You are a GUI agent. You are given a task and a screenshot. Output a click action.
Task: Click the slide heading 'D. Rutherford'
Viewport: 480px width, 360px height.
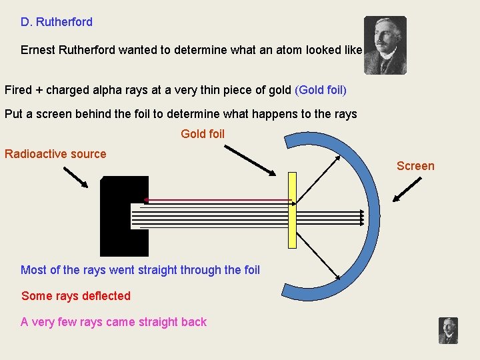[x=57, y=22]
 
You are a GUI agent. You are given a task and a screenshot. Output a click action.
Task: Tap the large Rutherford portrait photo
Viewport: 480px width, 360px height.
[x=385, y=45]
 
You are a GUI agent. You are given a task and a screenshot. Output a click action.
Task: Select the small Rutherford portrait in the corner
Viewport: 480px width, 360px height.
[x=448, y=331]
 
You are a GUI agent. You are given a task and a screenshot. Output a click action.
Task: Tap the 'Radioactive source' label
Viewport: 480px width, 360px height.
[x=55, y=154]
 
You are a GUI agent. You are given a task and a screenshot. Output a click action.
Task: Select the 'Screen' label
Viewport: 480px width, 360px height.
[x=415, y=166]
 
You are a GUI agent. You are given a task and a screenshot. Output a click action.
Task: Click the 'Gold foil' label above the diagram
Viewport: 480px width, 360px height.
[x=203, y=134]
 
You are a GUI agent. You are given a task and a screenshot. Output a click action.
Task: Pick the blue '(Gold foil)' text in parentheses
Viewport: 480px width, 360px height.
[x=321, y=90]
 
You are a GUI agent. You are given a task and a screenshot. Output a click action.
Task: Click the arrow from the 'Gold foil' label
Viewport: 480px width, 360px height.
[x=249, y=160]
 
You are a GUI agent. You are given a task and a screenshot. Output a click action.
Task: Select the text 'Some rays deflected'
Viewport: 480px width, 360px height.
[x=76, y=296]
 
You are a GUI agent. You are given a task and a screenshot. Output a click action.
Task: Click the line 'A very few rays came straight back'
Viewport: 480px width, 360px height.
[x=113, y=322]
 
